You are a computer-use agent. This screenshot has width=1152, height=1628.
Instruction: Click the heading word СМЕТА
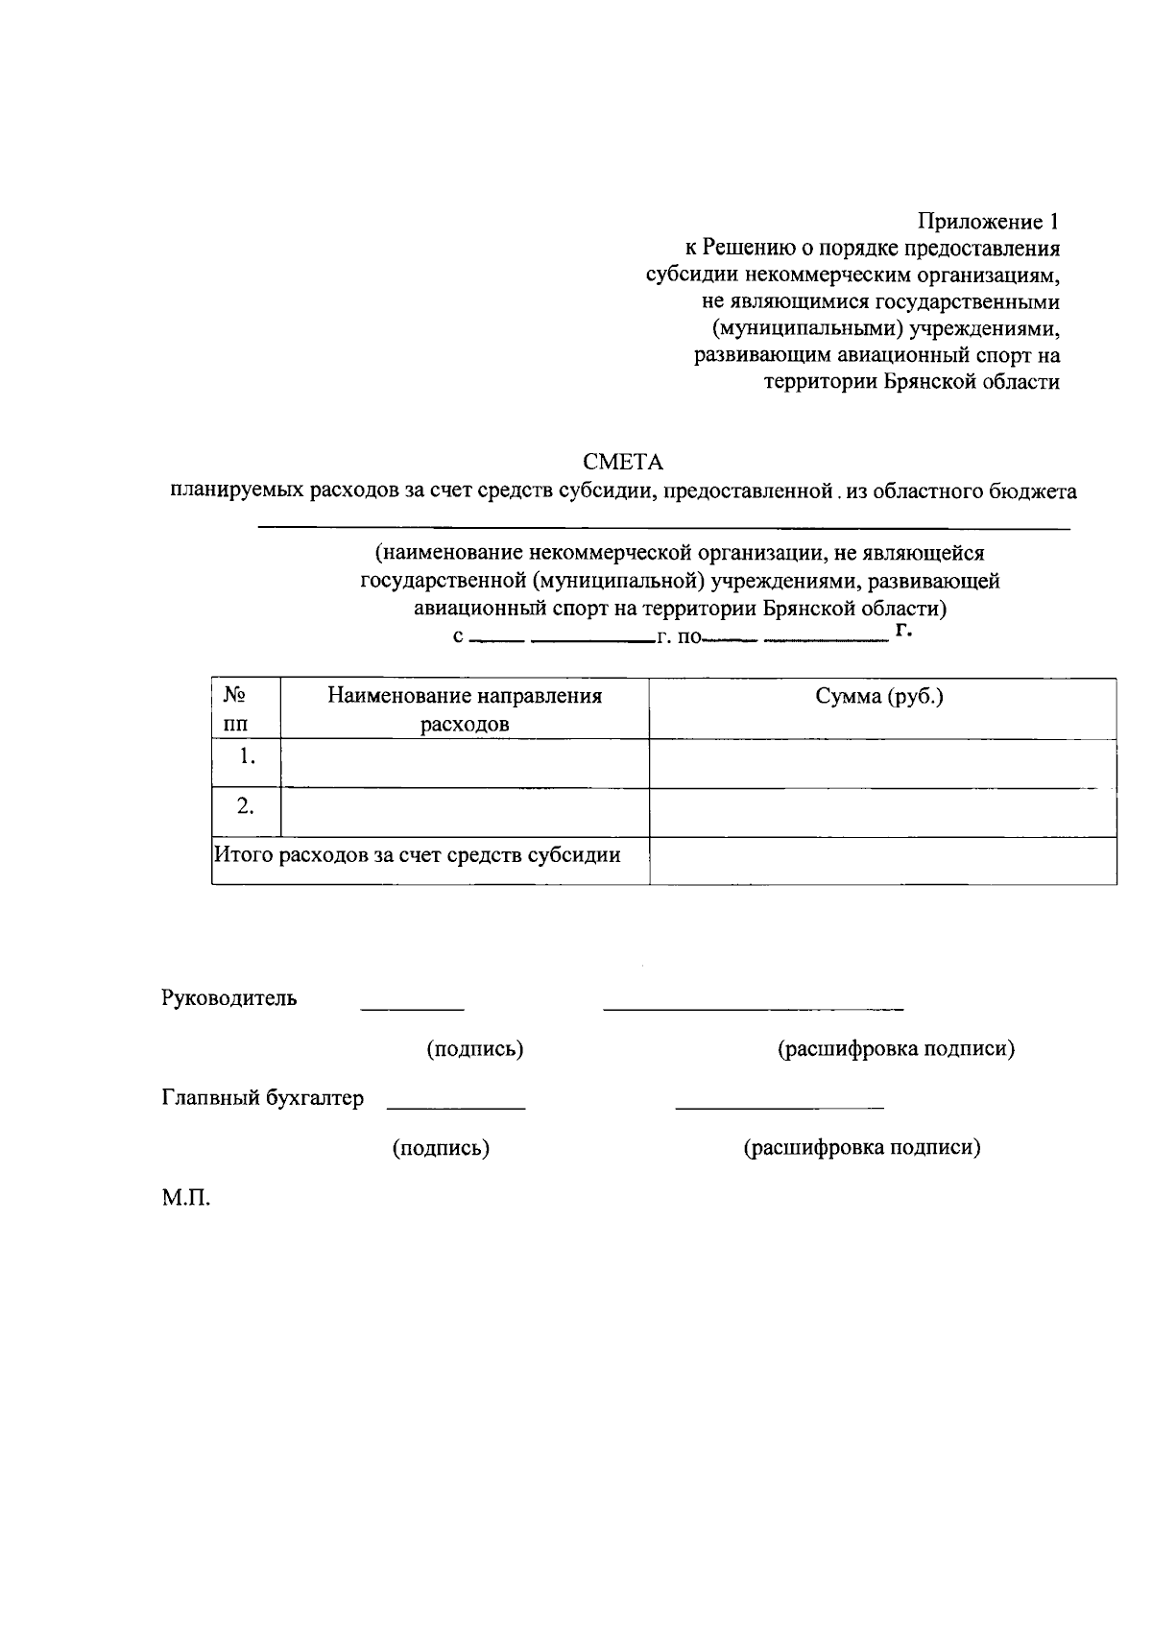point(623,463)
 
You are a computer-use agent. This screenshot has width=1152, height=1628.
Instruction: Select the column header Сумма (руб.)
point(879,697)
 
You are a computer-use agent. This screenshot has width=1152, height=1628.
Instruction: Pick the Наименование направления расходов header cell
point(465,709)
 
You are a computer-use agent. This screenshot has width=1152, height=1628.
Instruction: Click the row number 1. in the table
point(247,756)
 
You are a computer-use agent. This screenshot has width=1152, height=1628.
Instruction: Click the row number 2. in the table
point(246,806)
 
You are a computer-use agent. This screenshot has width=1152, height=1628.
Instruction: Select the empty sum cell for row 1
point(882,763)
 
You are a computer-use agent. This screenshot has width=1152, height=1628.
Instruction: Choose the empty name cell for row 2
point(465,812)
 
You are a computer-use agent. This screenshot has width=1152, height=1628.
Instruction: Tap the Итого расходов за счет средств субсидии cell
point(418,854)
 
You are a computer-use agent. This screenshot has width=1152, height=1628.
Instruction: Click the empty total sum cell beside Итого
point(882,860)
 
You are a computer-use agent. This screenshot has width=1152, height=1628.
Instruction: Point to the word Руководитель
point(229,998)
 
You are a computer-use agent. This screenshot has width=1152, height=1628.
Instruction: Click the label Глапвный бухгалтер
point(263,1098)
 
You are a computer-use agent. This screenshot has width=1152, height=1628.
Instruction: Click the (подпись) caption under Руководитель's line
point(475,1049)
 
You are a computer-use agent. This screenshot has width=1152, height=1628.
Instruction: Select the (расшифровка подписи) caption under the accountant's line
point(862,1148)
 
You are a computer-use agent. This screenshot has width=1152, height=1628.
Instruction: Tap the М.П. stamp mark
point(185,1199)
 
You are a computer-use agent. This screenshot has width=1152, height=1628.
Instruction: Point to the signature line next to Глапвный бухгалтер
point(456,1109)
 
